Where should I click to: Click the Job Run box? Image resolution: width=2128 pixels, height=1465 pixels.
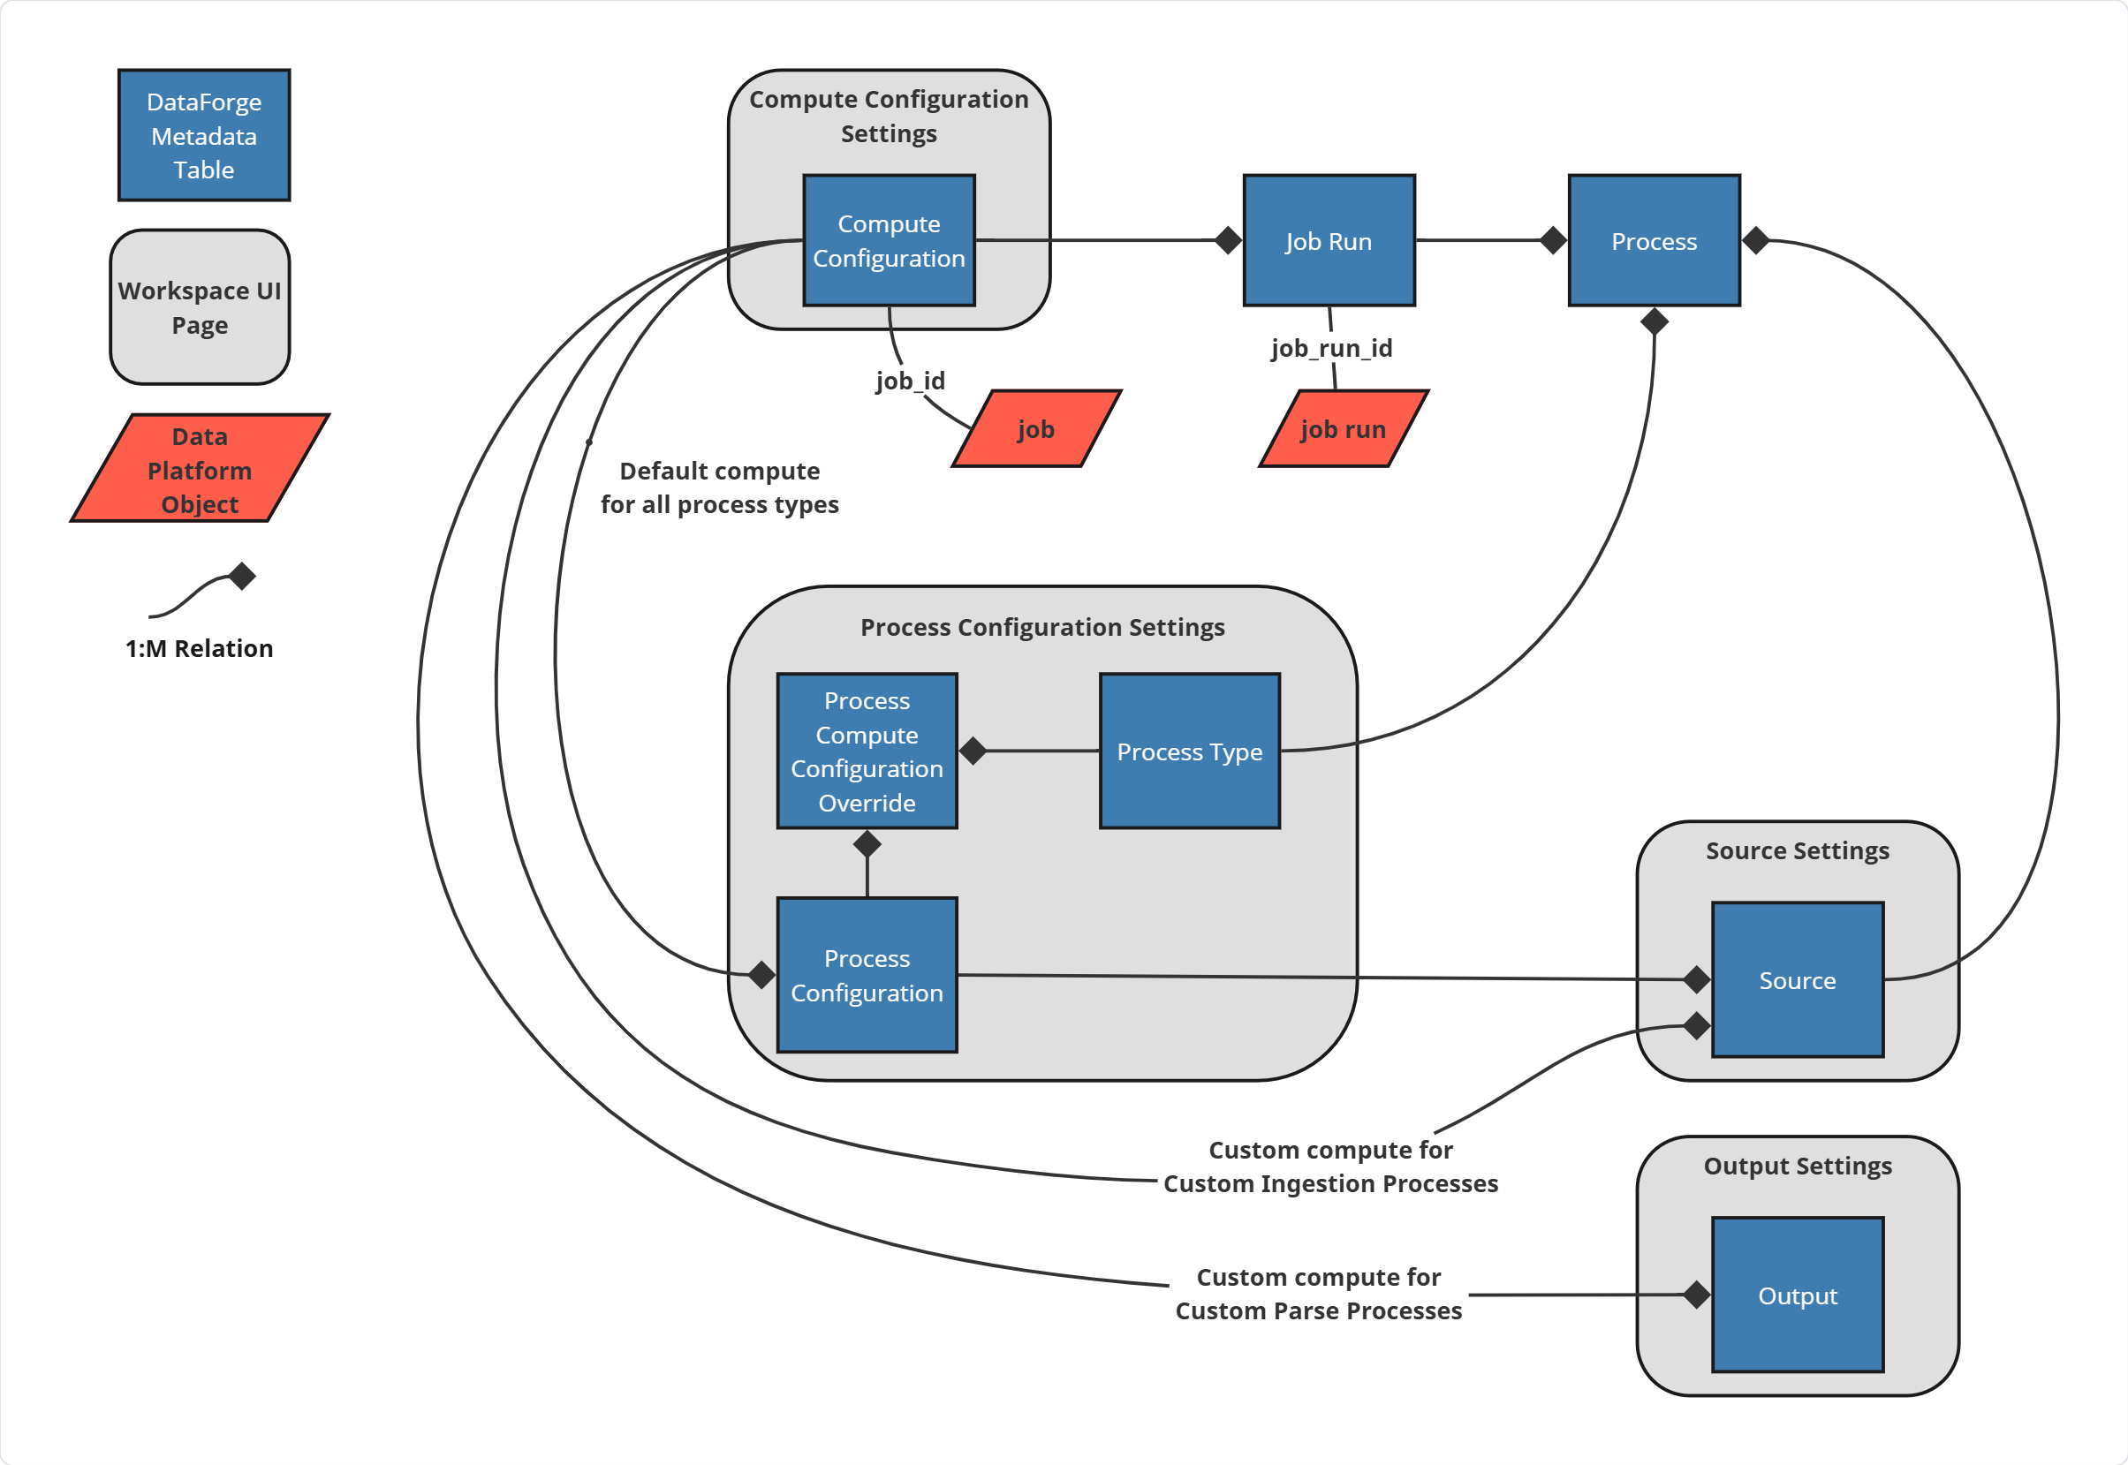point(1329,240)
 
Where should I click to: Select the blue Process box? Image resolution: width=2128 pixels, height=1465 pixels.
point(1654,240)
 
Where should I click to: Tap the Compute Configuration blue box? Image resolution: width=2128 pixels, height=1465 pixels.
point(889,240)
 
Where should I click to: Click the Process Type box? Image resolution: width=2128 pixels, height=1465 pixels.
point(1189,751)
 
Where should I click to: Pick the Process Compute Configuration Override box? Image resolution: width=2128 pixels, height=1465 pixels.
point(867,751)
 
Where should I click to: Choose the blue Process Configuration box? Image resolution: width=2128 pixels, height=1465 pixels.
point(867,975)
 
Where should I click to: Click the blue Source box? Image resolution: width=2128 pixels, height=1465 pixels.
point(1797,979)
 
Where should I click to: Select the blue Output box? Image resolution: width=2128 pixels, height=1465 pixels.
point(1797,1295)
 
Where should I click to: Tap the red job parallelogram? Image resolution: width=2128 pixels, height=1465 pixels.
point(1035,428)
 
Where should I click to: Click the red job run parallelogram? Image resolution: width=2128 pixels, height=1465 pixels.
point(1342,428)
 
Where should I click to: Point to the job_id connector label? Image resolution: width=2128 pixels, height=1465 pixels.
point(909,380)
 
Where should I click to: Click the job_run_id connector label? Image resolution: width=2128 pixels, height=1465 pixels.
point(1331,348)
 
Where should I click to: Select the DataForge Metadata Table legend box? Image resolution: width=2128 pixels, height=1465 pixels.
point(204,135)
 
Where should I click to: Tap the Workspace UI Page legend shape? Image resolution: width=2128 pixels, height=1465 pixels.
point(200,306)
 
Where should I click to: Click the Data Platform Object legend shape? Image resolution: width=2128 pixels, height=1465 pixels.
point(200,469)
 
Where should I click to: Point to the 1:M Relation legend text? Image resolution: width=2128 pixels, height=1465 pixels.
point(200,648)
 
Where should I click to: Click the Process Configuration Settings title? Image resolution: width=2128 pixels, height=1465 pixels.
point(1042,627)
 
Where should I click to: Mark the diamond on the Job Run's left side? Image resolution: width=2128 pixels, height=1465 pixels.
point(1227,240)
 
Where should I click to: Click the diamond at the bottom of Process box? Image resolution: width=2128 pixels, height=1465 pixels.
point(1654,321)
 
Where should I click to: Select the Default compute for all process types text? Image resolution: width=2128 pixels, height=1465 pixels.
point(719,487)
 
